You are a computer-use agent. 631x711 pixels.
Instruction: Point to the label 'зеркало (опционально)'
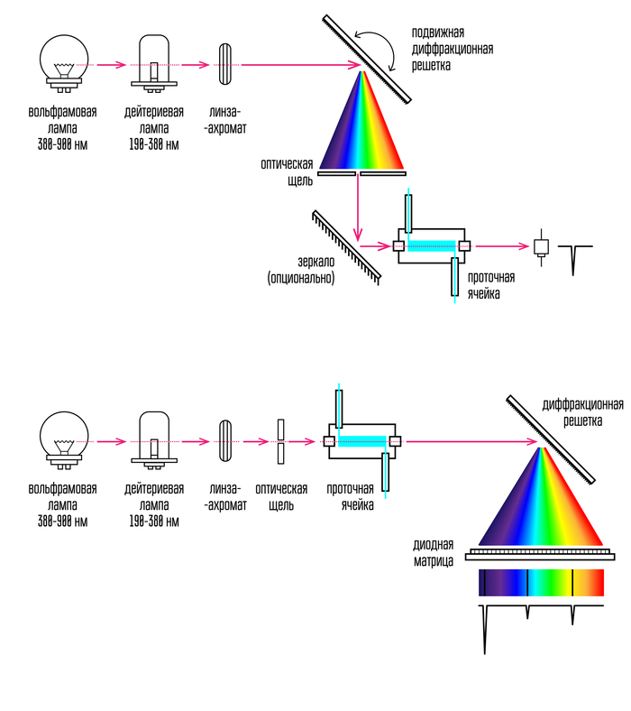[x=301, y=270]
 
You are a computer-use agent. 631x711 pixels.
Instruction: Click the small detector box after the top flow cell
[x=541, y=246]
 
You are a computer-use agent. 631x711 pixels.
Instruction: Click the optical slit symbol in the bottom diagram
[x=282, y=441]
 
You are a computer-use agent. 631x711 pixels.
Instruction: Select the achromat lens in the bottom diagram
[x=225, y=441]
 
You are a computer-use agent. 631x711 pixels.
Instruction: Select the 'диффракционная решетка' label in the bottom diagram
[x=582, y=413]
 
